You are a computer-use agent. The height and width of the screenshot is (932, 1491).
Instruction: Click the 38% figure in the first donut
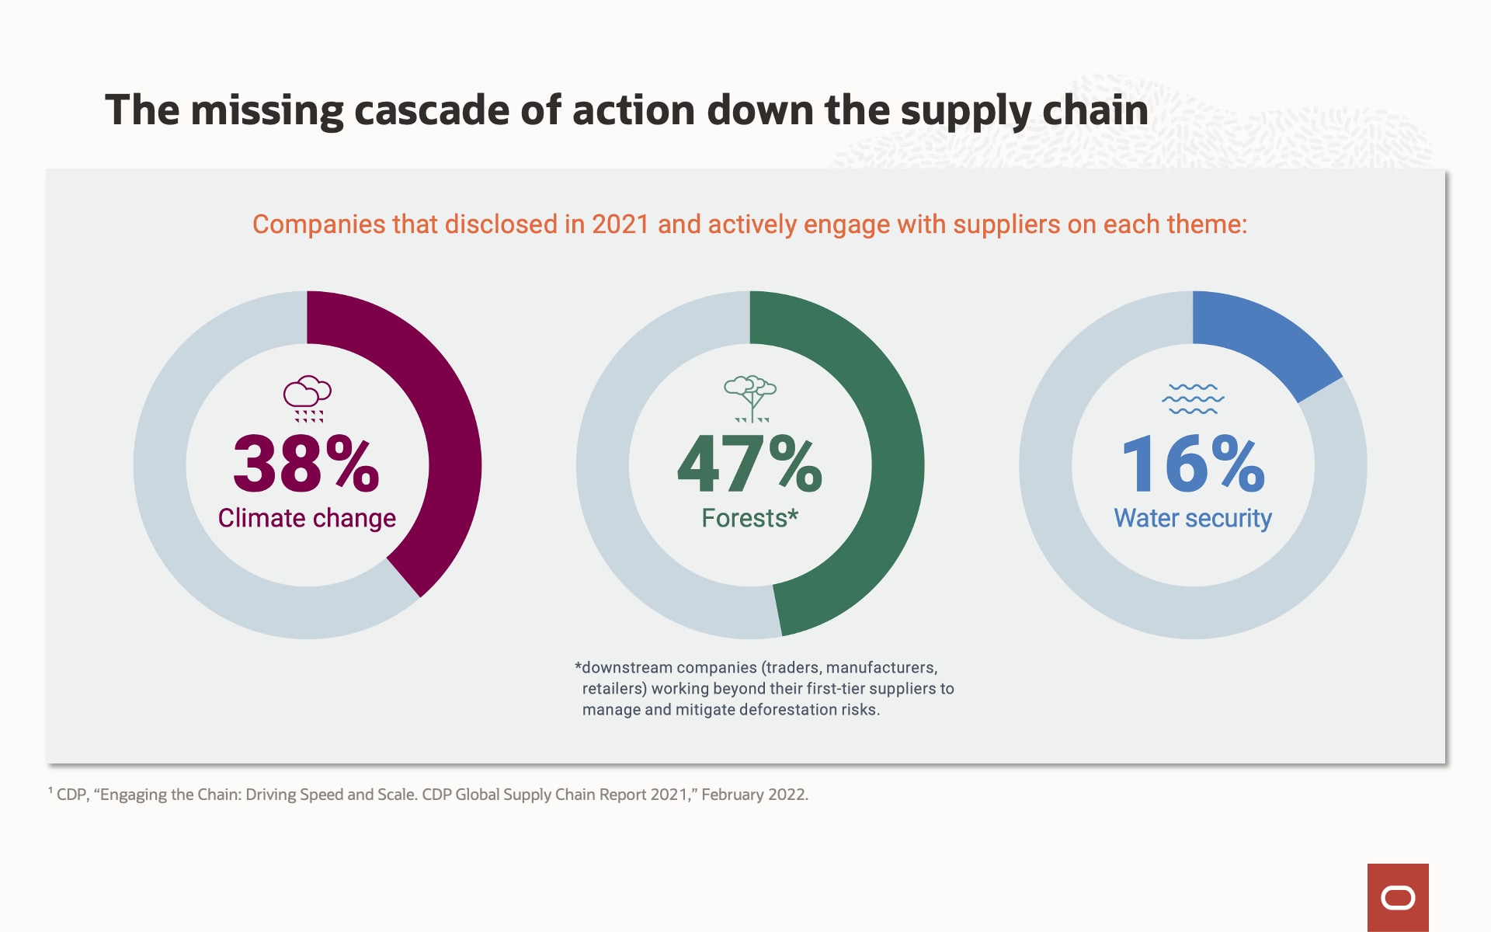click(x=306, y=464)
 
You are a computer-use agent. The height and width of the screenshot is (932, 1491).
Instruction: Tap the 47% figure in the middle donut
click(x=749, y=464)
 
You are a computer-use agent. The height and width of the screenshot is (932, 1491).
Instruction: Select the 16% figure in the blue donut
click(x=1193, y=464)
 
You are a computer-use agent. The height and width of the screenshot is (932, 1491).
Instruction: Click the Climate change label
click(x=307, y=518)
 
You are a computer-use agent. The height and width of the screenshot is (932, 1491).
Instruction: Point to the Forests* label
click(x=749, y=518)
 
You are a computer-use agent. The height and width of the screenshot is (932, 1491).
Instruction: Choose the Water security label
click(x=1193, y=518)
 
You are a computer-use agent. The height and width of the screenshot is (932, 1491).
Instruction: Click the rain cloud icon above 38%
click(x=308, y=398)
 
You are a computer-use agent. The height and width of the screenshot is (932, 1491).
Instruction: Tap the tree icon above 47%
click(x=750, y=398)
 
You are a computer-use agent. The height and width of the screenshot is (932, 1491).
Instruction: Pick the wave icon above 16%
click(x=1193, y=398)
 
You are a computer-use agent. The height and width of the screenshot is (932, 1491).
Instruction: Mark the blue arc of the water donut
click(x=1274, y=342)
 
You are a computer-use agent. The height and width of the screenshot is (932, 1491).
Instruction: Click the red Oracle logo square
click(x=1398, y=898)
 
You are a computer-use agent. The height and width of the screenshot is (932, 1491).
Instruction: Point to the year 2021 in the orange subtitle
click(x=620, y=224)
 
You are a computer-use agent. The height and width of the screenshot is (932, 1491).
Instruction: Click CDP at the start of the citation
click(x=71, y=795)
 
